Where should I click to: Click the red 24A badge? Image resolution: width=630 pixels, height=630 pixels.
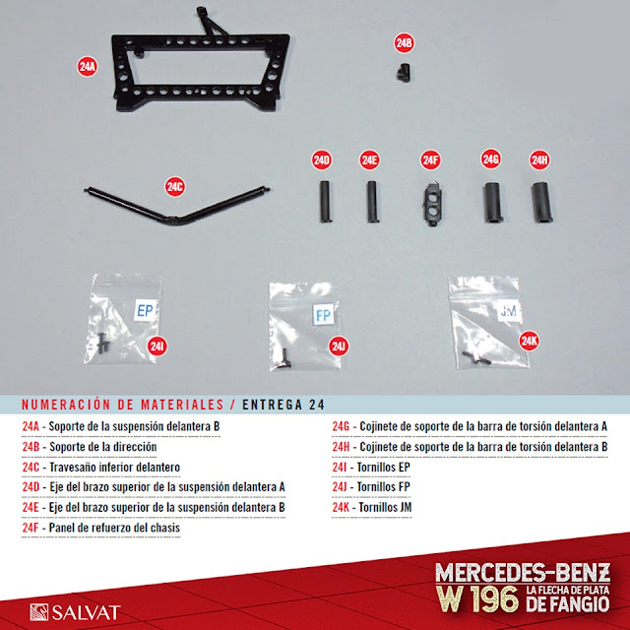tap(88, 66)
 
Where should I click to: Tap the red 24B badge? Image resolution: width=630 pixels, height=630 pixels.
tap(404, 43)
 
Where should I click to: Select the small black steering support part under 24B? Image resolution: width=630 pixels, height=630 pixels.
tap(404, 73)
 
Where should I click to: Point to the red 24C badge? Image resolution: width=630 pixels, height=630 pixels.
tap(175, 186)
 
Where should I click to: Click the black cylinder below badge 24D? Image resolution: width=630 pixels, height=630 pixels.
tap(325, 201)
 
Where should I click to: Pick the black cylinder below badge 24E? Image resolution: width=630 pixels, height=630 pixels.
tap(372, 201)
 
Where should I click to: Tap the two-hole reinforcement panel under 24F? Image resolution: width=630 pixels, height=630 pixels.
tap(432, 204)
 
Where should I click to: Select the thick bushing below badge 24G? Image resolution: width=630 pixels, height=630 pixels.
tap(492, 202)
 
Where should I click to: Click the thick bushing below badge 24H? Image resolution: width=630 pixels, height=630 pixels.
tap(542, 202)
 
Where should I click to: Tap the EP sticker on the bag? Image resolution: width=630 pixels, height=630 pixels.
tap(145, 310)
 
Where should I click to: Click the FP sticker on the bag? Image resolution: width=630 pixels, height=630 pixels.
tap(324, 315)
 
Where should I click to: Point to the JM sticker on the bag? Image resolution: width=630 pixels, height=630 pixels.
tap(509, 310)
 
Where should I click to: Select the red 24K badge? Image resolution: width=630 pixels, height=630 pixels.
tap(529, 341)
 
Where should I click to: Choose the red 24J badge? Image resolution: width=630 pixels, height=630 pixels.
tap(339, 346)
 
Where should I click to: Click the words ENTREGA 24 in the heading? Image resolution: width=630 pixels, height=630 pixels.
tap(283, 405)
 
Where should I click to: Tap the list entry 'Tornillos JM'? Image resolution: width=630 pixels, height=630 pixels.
tap(372, 508)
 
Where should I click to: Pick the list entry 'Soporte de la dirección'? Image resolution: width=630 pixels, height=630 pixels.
tap(90, 447)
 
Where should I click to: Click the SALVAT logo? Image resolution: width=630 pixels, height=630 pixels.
tap(75, 612)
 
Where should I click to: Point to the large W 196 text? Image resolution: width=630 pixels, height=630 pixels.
tap(477, 599)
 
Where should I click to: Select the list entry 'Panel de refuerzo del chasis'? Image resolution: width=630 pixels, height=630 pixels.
tap(101, 528)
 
